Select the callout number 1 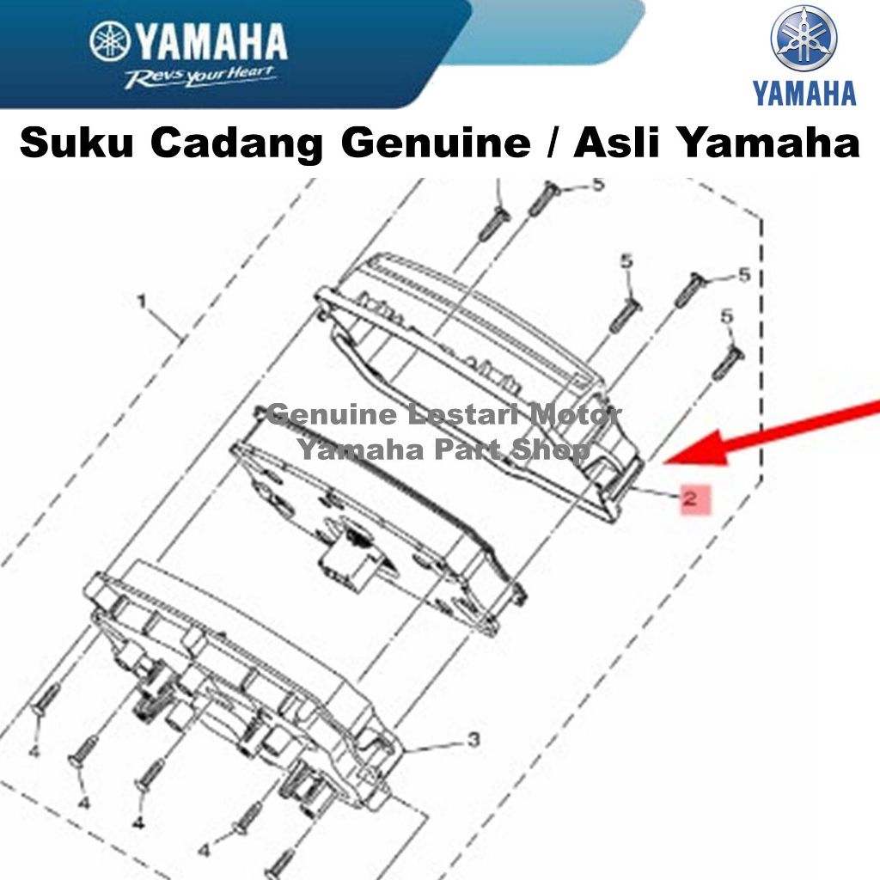[142, 302]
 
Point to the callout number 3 [474, 740]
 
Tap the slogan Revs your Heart [200, 76]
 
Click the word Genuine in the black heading [436, 144]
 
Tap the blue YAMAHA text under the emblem [804, 93]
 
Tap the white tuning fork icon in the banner [110, 41]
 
